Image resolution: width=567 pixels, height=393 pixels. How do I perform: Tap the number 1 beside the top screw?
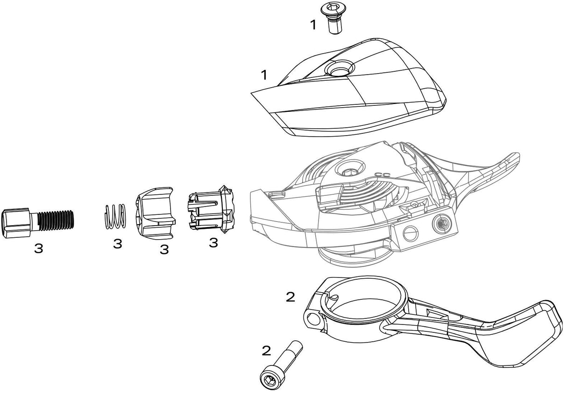coord(313,25)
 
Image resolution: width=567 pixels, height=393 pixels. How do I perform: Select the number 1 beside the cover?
coord(264,74)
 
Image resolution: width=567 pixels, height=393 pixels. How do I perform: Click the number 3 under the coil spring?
coord(117,243)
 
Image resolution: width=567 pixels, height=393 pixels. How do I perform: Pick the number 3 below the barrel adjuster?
coord(38,248)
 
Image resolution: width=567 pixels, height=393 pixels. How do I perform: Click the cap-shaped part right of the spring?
coord(154,212)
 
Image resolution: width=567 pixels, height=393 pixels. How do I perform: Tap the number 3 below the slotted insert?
coord(213,242)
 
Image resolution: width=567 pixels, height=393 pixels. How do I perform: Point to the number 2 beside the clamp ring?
coord(290,297)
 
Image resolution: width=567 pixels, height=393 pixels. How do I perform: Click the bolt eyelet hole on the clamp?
coord(312,320)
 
